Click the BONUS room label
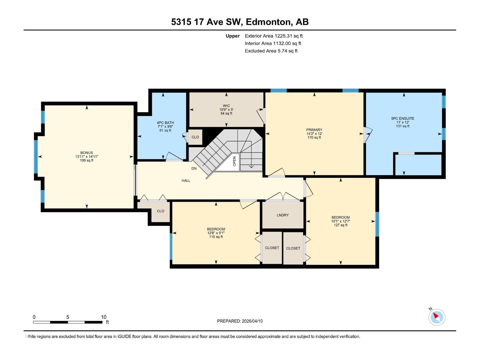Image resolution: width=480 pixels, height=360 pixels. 86,153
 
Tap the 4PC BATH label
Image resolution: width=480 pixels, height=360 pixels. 165,123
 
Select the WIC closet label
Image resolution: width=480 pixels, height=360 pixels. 226,106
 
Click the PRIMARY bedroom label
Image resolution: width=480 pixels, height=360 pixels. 314,130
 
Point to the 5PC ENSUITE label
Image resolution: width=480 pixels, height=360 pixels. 403,118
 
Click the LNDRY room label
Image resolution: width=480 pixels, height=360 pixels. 283,215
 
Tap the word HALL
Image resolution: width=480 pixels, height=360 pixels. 186,181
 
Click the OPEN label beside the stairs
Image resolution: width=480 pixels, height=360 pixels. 234,161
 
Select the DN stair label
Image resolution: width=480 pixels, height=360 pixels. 194,169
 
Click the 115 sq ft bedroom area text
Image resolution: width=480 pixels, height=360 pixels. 216,237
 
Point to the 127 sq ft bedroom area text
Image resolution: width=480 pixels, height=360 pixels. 340,225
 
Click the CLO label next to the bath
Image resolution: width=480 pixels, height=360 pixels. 195,137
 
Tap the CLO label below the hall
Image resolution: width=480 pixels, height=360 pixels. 160,211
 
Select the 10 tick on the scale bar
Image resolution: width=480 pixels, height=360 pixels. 103,317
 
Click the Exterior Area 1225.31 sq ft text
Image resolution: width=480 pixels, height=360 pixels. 273,36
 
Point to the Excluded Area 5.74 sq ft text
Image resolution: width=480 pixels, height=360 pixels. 271,51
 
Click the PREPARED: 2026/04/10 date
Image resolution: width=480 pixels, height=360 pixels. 240,321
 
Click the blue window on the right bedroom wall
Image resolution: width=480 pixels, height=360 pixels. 377,224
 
